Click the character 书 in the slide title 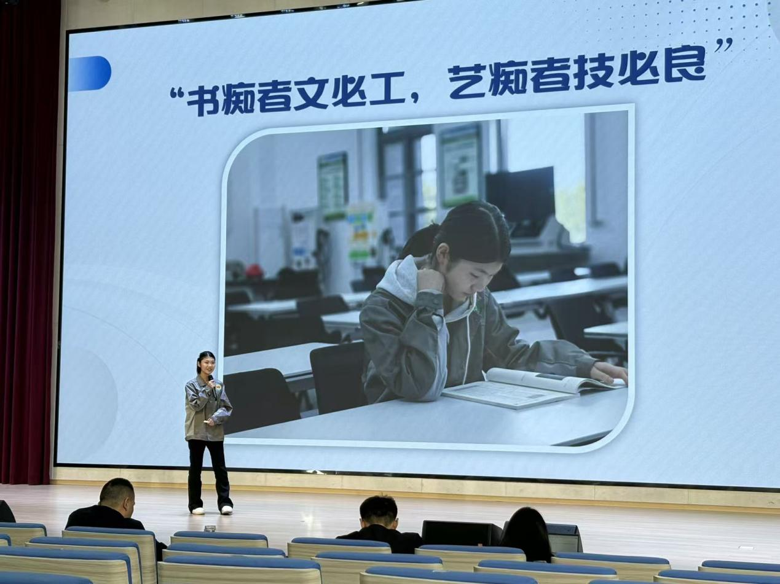203,99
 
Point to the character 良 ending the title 684,67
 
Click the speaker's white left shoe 197,510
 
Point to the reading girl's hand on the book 609,372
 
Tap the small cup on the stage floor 210,528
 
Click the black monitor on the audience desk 461,532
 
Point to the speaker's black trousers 209,473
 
